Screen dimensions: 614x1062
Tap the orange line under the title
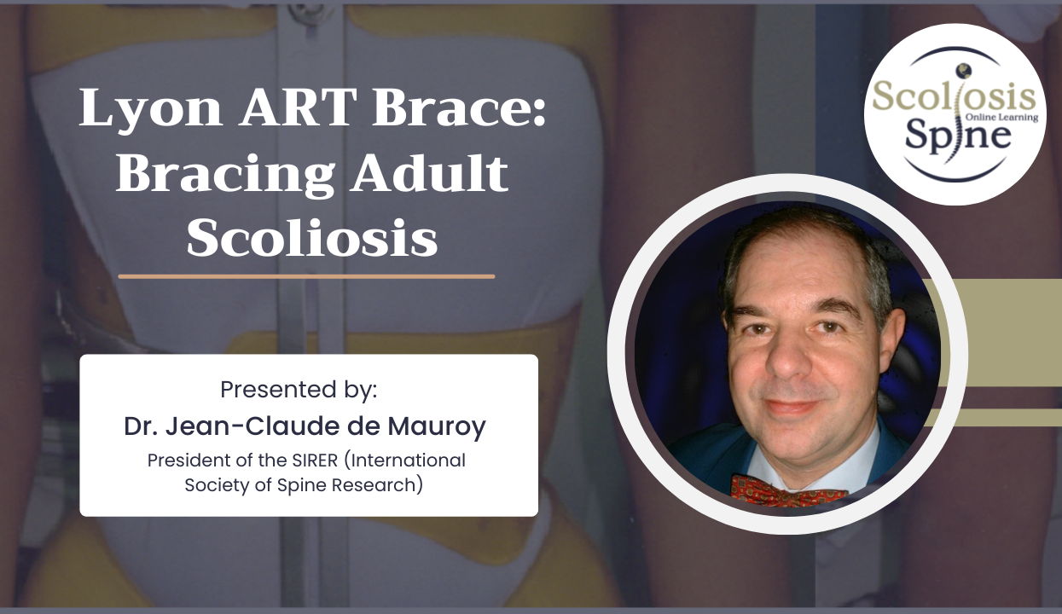click(x=306, y=276)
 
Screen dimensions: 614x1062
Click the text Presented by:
click(x=299, y=390)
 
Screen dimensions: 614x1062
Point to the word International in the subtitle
click(x=411, y=460)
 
